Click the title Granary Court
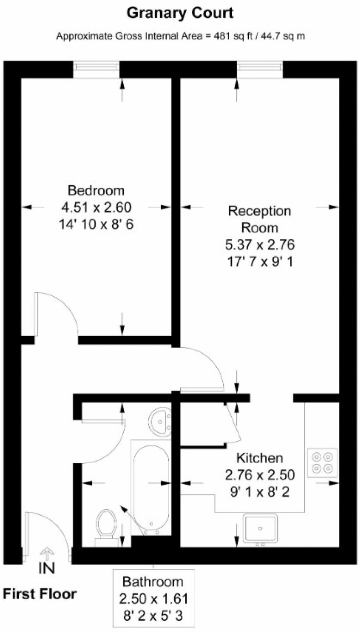point(180,13)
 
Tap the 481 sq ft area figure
point(229,36)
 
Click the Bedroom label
point(96,190)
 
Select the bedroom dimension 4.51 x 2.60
point(96,207)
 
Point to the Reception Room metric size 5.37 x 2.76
point(259,245)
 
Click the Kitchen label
point(259,458)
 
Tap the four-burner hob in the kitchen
point(322,463)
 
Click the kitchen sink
point(261,528)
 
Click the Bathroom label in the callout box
point(153,582)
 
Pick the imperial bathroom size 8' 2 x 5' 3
point(153,615)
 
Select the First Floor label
point(40,594)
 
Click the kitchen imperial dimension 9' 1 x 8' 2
point(259,492)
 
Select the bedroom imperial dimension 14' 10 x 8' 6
point(96,224)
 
